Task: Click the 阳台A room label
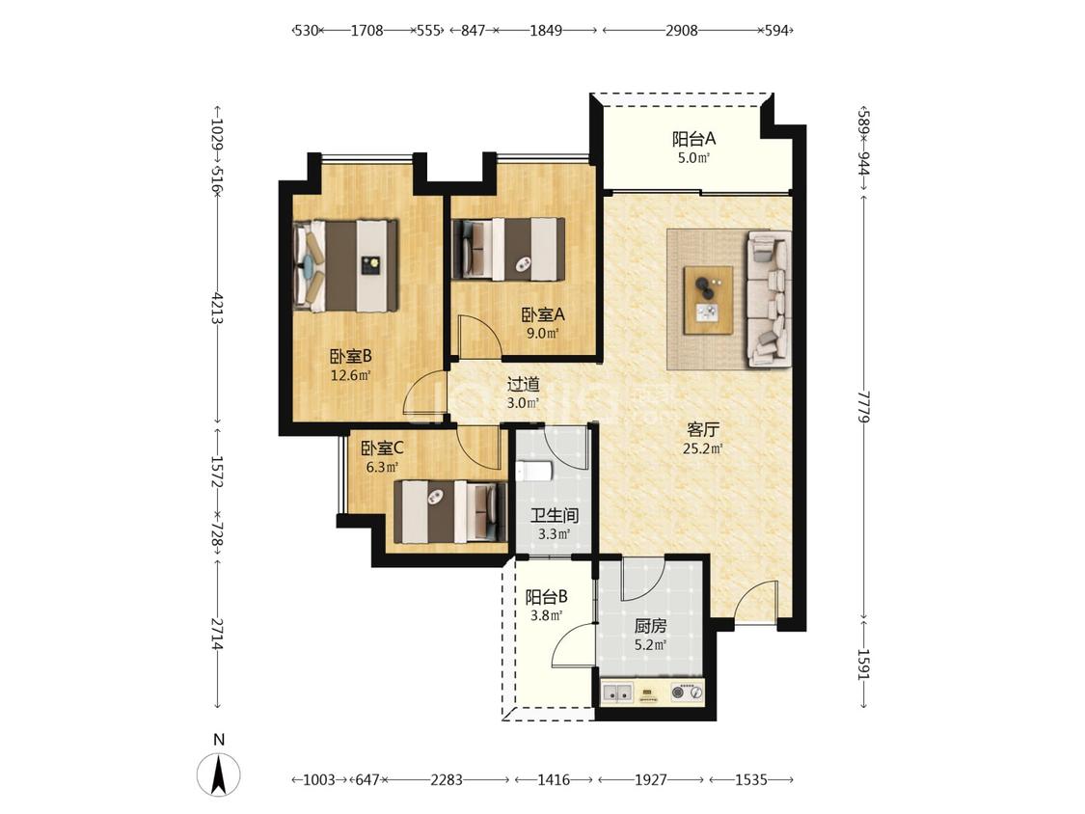click(x=694, y=139)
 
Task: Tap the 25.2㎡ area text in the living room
click(x=703, y=448)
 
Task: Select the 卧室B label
click(x=351, y=357)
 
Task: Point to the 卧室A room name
click(x=543, y=315)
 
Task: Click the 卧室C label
click(x=383, y=448)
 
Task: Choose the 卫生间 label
click(x=555, y=516)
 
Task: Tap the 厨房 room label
click(x=650, y=627)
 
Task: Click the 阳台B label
click(x=547, y=597)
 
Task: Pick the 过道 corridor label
click(x=523, y=384)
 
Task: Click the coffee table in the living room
click(x=708, y=300)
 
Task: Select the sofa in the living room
click(x=769, y=298)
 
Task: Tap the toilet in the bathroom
click(x=533, y=471)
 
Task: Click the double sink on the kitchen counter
click(x=618, y=692)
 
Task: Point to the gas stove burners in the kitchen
click(x=688, y=692)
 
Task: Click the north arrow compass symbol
click(x=219, y=773)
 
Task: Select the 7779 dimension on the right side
click(x=863, y=406)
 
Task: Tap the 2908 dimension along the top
click(x=682, y=31)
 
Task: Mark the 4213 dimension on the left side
click(x=217, y=309)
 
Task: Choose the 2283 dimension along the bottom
click(x=447, y=780)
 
